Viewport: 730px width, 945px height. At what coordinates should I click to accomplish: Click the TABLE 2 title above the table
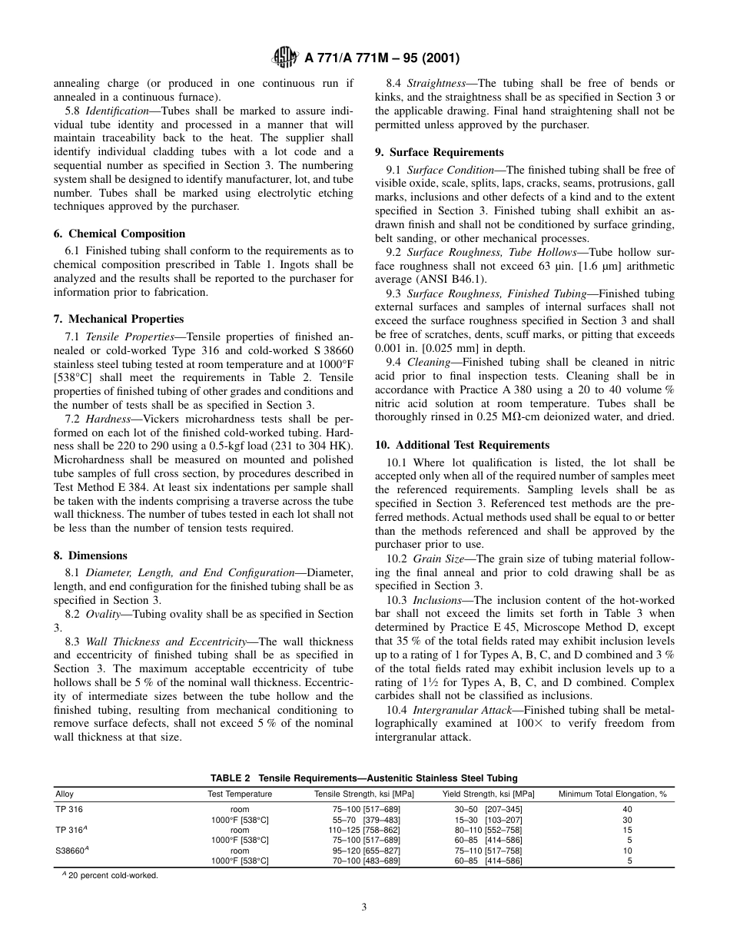364,778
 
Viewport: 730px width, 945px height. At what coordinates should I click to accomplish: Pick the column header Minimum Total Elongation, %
612,794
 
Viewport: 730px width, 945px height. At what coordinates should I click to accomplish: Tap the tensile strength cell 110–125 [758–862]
357,831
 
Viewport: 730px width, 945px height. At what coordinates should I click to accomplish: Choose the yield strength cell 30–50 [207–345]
489,810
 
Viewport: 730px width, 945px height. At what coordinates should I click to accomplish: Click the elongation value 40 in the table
627,810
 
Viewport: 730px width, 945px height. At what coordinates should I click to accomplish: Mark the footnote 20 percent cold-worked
112,875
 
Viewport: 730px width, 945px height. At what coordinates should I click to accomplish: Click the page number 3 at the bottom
364,907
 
